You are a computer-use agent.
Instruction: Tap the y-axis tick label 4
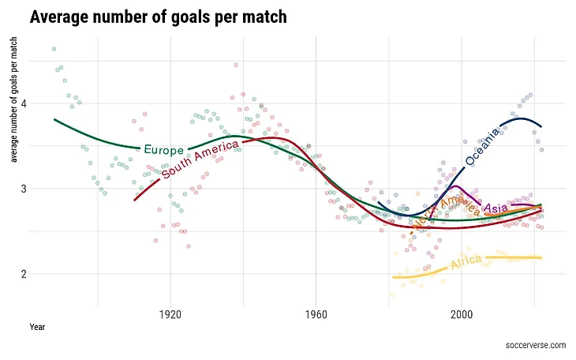pos(24,103)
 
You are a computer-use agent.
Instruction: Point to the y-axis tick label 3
pos(24,189)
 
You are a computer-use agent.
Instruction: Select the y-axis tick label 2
pos(24,275)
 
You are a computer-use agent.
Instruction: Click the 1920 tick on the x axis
pos(170,314)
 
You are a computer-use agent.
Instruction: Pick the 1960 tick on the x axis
pos(316,314)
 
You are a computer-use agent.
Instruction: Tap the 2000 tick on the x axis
pos(461,314)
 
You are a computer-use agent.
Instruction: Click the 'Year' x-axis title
pos(36,327)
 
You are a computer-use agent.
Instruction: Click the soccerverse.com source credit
pos(537,345)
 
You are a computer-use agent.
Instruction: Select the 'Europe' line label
pos(163,149)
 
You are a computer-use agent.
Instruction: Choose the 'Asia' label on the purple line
pos(496,208)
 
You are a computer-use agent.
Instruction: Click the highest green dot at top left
pos(54,49)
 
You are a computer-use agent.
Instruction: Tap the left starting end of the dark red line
pos(135,200)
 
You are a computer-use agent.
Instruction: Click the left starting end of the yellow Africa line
pos(393,278)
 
